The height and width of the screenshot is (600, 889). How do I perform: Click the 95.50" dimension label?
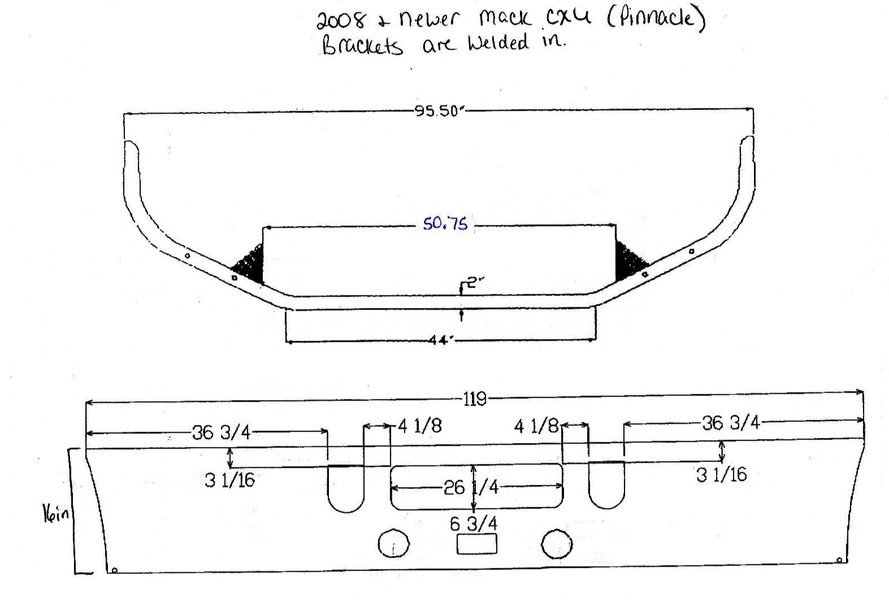[x=439, y=111]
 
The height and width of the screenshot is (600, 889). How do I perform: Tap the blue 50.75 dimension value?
[x=445, y=224]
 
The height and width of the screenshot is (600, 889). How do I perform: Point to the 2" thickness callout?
[x=476, y=283]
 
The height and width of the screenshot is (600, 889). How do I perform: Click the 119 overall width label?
[x=475, y=399]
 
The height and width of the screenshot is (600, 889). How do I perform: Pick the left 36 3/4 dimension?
[x=221, y=433]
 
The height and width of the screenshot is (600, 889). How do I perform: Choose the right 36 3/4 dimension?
[x=731, y=423]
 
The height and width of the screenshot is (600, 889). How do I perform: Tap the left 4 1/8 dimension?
[x=419, y=426]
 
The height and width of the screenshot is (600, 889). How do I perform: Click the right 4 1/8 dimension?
[x=536, y=427]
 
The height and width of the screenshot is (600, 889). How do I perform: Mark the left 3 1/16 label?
[x=230, y=481]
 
